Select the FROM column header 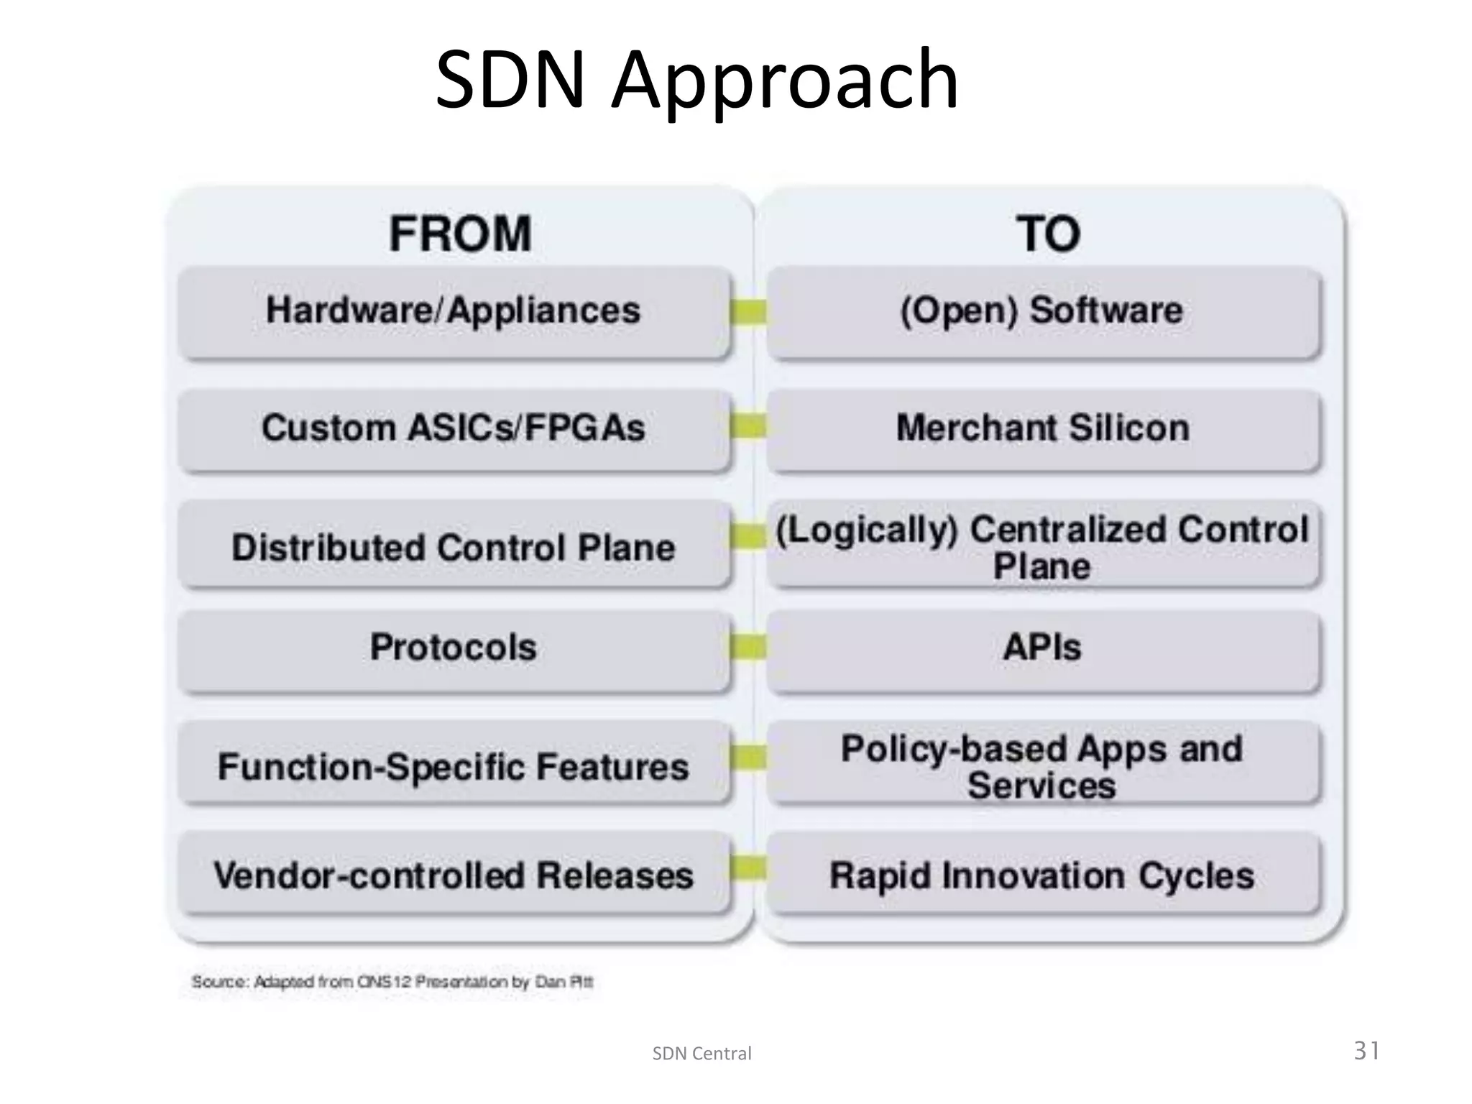(460, 234)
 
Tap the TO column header (1047, 234)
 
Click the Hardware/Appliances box (453, 310)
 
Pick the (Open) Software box (1041, 310)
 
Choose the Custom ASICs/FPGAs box (453, 428)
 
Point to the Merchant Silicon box (1042, 428)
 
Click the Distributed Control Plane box (453, 547)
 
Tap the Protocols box (453, 647)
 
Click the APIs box (1041, 647)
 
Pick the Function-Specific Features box (453, 766)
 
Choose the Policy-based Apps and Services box (1041, 766)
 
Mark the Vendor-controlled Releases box (453, 875)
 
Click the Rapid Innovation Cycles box (1041, 875)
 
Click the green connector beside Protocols (748, 647)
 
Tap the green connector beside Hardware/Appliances (748, 312)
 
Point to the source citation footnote (392, 982)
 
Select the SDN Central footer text (701, 1054)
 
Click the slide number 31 (1366, 1051)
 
